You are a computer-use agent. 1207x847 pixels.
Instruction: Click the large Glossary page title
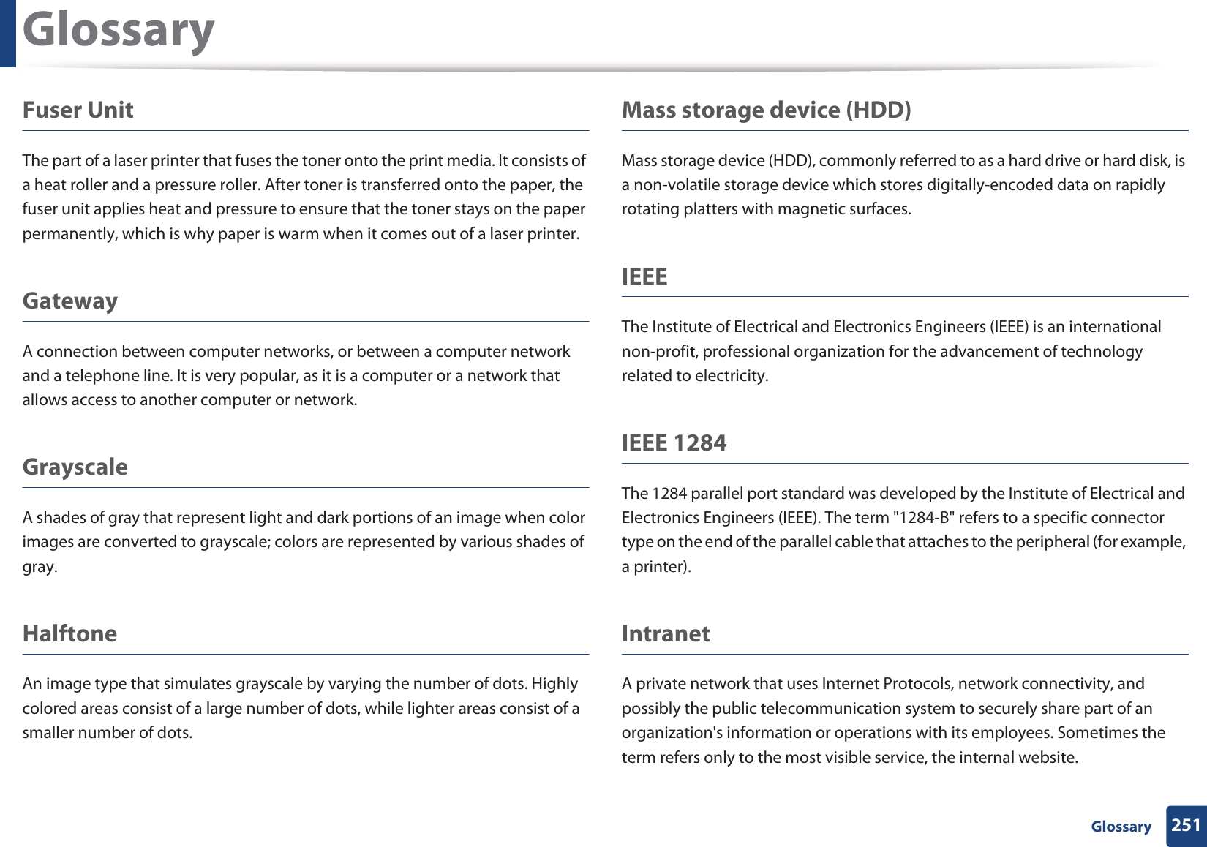pos(119,31)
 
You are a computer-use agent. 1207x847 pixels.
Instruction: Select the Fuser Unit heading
pos(78,110)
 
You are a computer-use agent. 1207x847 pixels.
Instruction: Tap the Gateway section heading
pos(70,301)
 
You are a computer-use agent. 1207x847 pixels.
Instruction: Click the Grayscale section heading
pos(75,467)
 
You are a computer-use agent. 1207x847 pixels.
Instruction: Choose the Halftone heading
pos(69,633)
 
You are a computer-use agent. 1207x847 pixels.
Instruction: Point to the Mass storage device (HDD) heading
pos(766,110)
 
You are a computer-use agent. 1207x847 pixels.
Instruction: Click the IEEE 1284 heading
pos(674,443)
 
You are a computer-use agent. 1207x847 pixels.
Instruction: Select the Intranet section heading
pos(666,633)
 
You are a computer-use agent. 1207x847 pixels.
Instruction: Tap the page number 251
pos(1186,825)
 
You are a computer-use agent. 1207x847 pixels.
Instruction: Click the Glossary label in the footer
pos(1121,827)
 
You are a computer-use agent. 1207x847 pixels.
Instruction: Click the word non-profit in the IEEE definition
pos(658,352)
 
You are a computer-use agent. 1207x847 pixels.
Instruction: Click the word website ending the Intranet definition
pos(1049,758)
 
